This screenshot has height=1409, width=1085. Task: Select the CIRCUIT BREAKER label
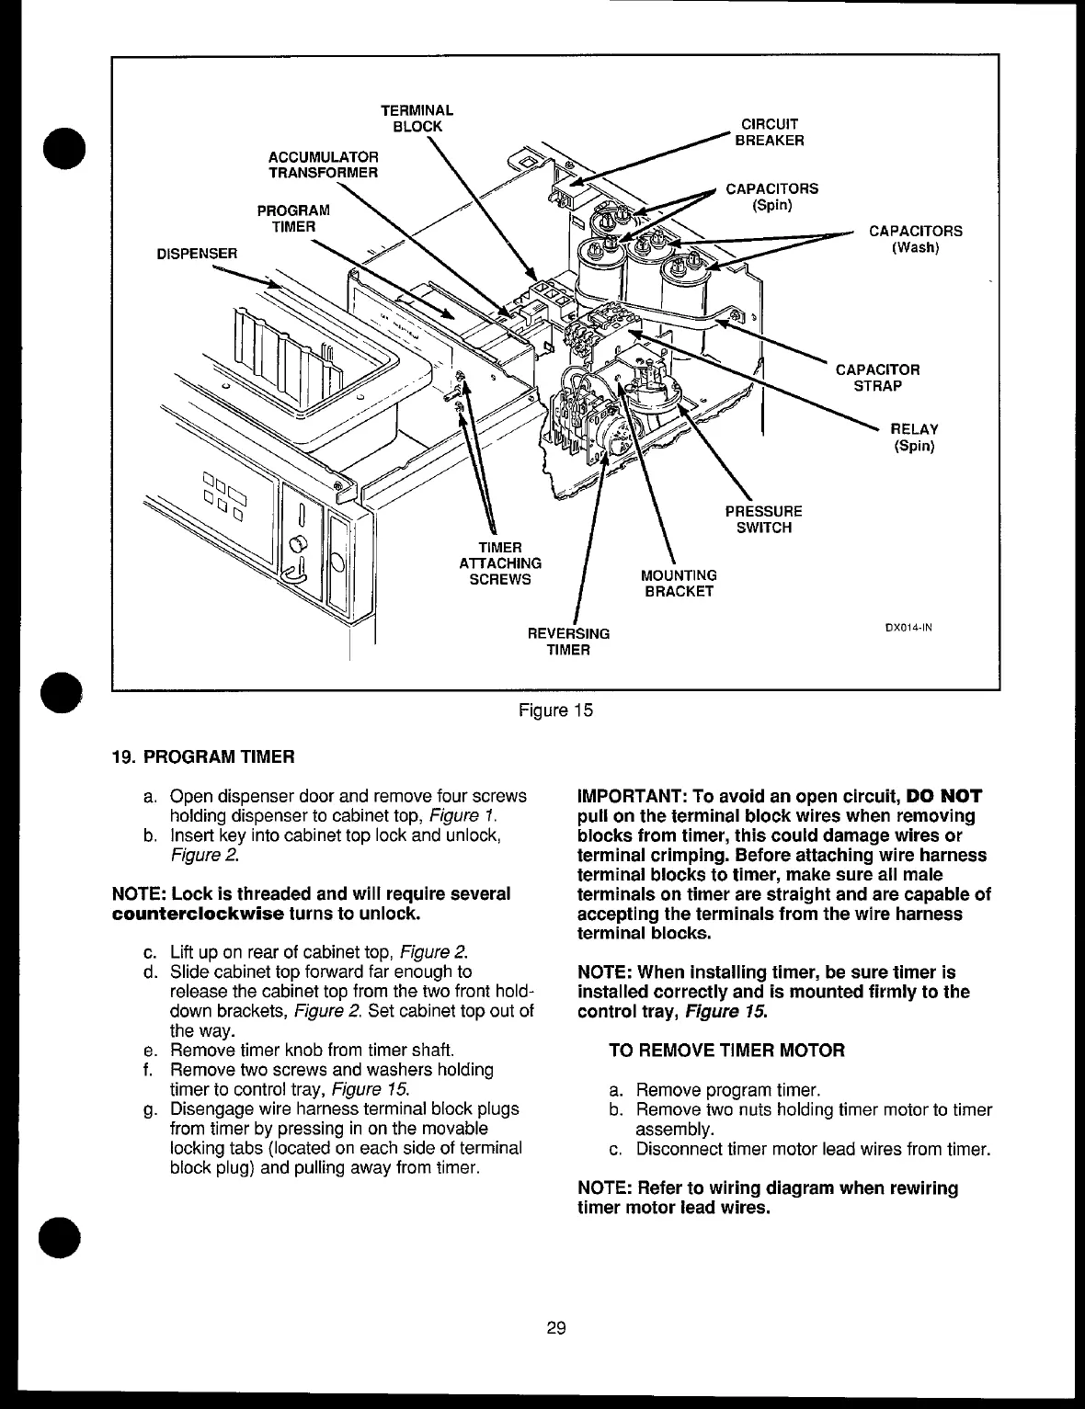pos(769,131)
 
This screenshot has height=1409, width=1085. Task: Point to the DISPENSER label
pos(196,252)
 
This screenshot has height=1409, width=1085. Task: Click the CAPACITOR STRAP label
pos(876,377)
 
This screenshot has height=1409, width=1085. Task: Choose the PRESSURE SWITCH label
pos(763,519)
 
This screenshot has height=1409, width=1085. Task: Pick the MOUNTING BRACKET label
pos(679,583)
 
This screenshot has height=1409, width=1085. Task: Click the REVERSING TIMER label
pos(568,642)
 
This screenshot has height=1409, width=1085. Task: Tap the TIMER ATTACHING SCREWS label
pos(500,563)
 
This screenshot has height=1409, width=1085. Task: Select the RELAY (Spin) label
pos(914,437)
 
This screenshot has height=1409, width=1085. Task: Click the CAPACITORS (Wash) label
pos(915,239)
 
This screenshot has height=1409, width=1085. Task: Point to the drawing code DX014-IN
pos(908,629)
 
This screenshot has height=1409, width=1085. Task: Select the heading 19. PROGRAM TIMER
pos(202,757)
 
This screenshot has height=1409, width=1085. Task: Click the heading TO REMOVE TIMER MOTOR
pos(727,1050)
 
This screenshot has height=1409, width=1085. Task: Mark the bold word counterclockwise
pos(197,915)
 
